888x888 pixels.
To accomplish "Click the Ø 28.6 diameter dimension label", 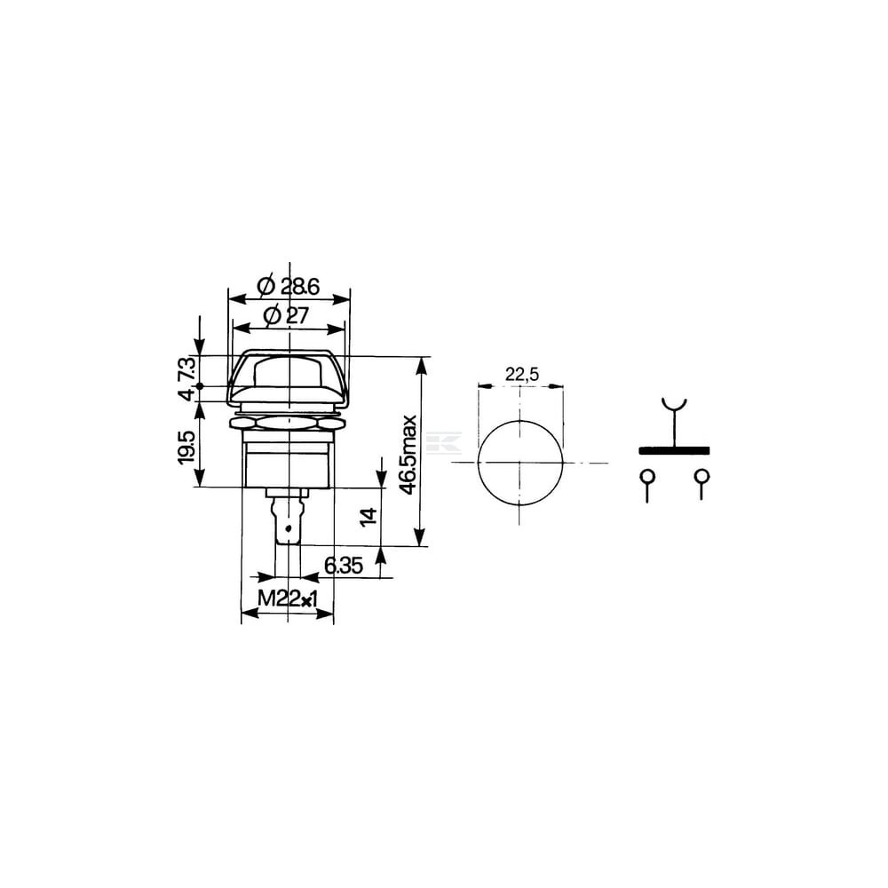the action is coord(288,287).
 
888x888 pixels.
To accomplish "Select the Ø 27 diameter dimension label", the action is coord(287,315).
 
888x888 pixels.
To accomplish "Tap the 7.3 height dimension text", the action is coord(187,369).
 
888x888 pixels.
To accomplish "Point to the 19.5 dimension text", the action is coord(187,448).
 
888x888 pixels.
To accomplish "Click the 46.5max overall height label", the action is coord(408,456).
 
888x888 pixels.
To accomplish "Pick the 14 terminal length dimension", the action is coord(369,517).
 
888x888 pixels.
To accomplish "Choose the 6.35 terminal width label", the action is coord(343,565).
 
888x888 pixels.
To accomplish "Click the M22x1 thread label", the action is coord(287,599).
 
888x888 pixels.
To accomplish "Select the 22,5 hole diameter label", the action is coord(521,374).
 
